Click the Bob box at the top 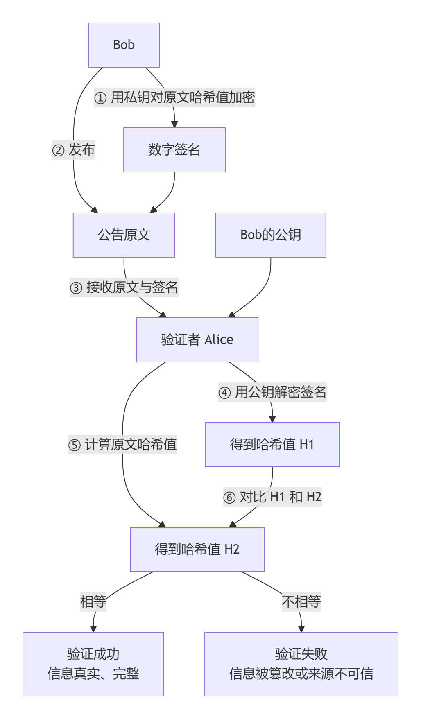coord(124,45)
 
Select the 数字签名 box coord(174,150)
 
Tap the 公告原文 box coord(124,235)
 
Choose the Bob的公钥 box coord(270,235)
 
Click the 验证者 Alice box coord(197,340)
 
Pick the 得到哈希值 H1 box coord(272,445)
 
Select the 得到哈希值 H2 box coord(197,549)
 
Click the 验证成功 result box coord(93,664)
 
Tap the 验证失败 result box coord(301,664)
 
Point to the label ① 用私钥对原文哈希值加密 coord(174,97)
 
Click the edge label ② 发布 coord(74,150)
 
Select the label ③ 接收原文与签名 coord(124,287)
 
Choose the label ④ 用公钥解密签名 coord(272,392)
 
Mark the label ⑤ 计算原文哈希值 coord(122,445)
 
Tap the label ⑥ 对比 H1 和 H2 coord(272,497)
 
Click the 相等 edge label coord(93,602)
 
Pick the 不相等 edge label coord(301,602)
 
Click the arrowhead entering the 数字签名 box coord(174,124)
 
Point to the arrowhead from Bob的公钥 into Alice coord(232,314)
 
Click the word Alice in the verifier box coord(219,340)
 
